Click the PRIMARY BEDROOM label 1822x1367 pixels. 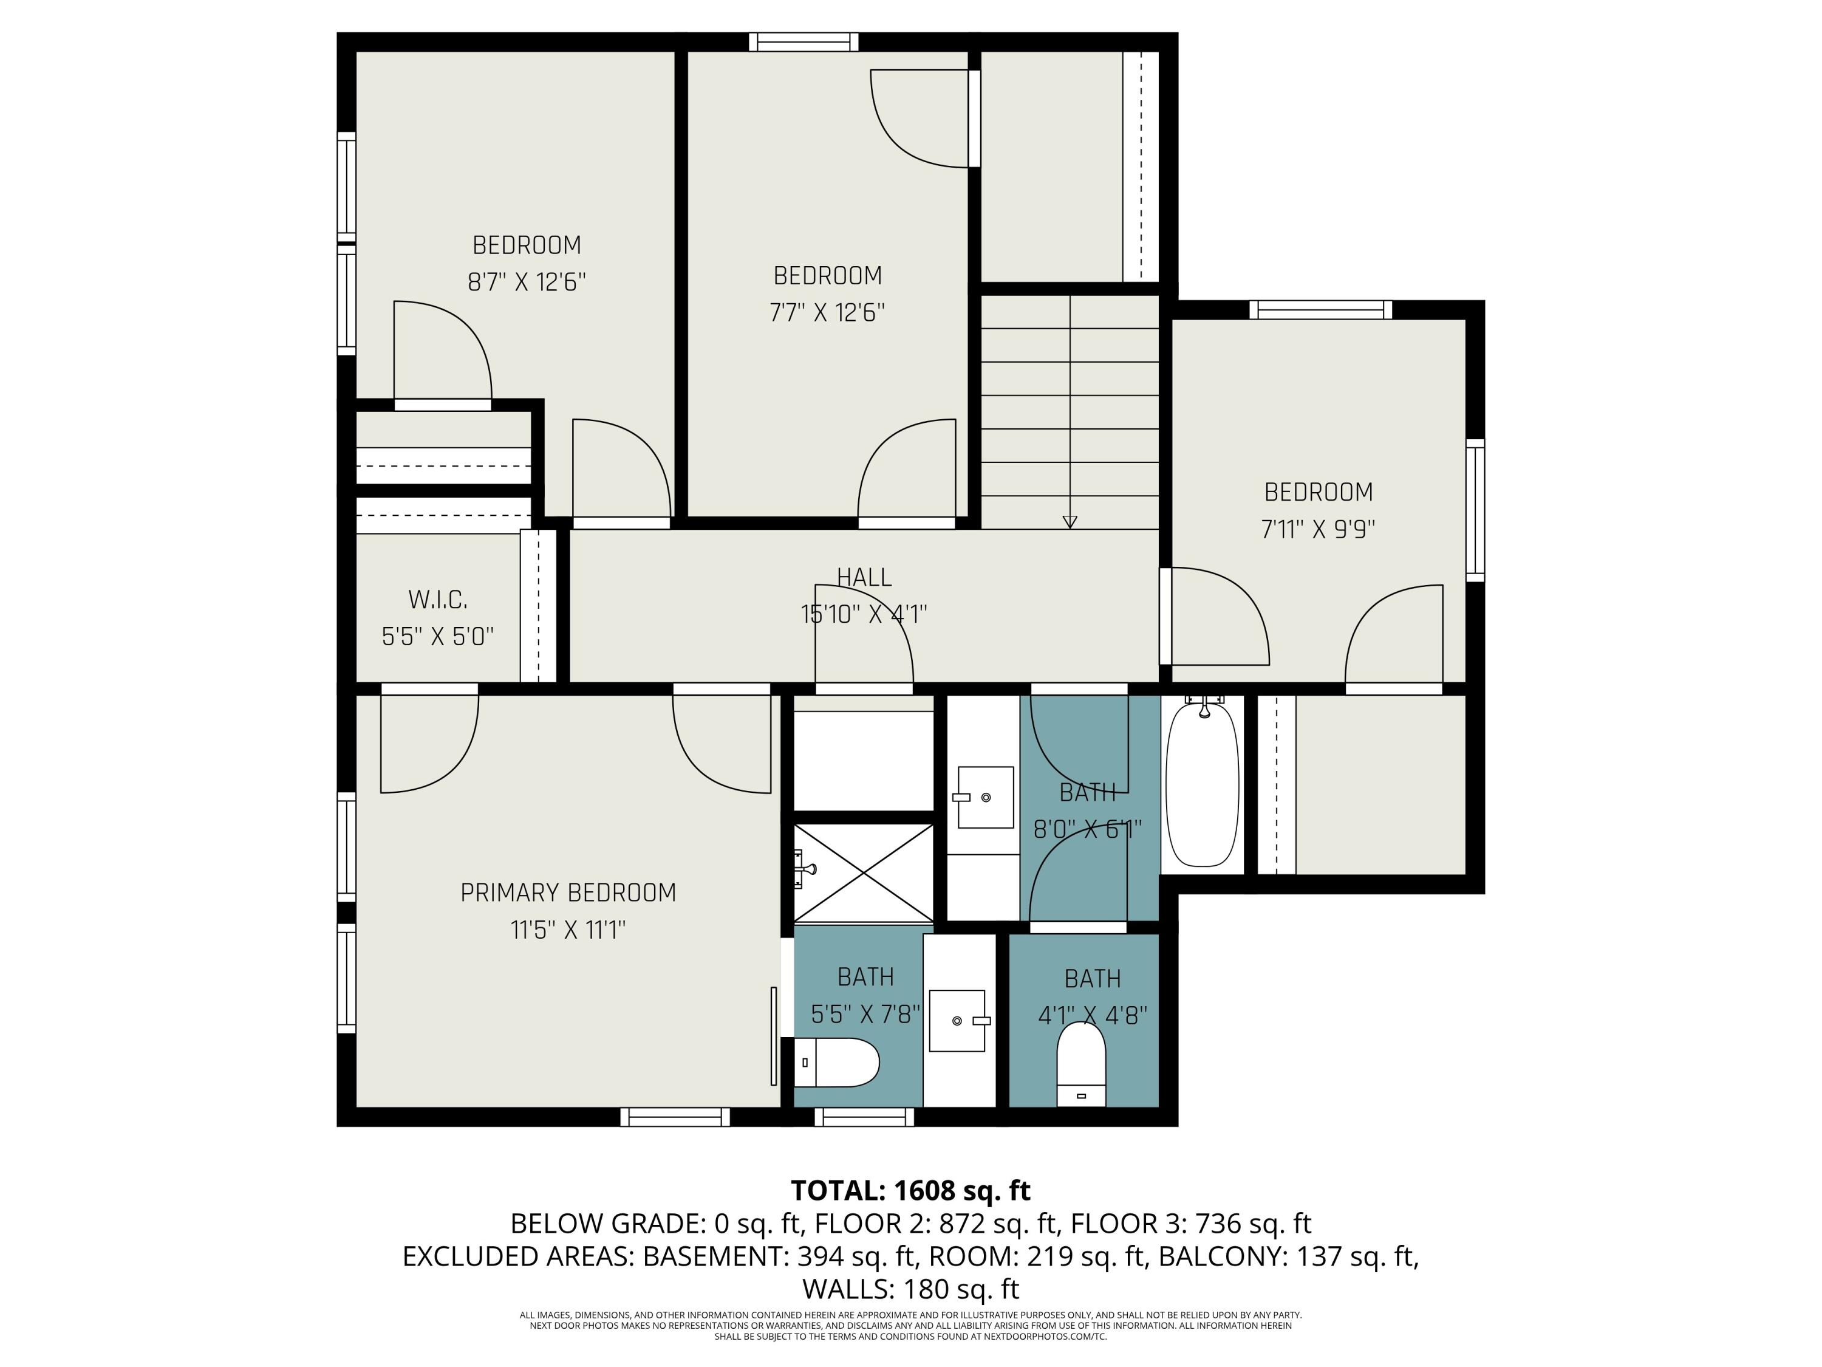tap(568, 892)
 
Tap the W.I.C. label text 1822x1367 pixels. tap(438, 600)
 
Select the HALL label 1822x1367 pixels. tap(864, 578)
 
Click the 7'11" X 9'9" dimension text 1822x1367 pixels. tap(1318, 529)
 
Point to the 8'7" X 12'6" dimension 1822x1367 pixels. tap(527, 283)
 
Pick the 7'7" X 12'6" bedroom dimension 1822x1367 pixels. tap(828, 313)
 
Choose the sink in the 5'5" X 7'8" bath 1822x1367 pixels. tap(957, 1021)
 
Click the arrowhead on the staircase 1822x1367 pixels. tap(1070, 521)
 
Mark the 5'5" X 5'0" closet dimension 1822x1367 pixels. tap(438, 637)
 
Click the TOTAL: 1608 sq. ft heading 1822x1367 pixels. tap(910, 1191)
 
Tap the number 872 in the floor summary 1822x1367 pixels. tap(962, 1224)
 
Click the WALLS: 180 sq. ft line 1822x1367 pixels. tap(910, 1289)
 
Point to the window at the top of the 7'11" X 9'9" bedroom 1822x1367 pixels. tap(1320, 310)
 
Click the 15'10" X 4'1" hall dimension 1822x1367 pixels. tap(864, 615)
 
